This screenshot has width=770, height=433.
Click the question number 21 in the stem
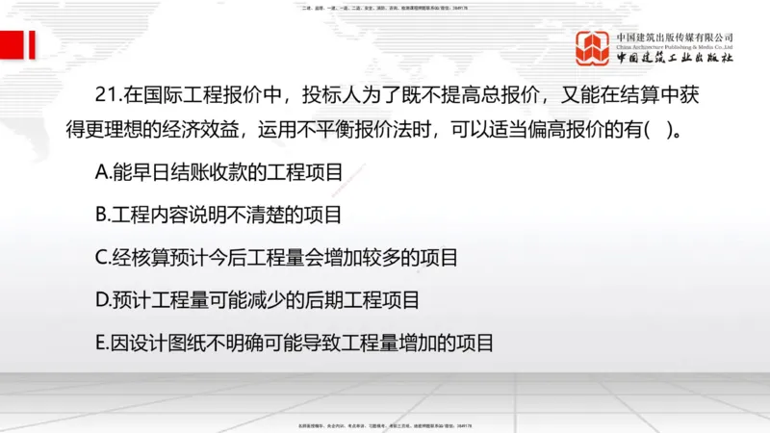point(106,96)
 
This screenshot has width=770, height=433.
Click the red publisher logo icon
point(594,47)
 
